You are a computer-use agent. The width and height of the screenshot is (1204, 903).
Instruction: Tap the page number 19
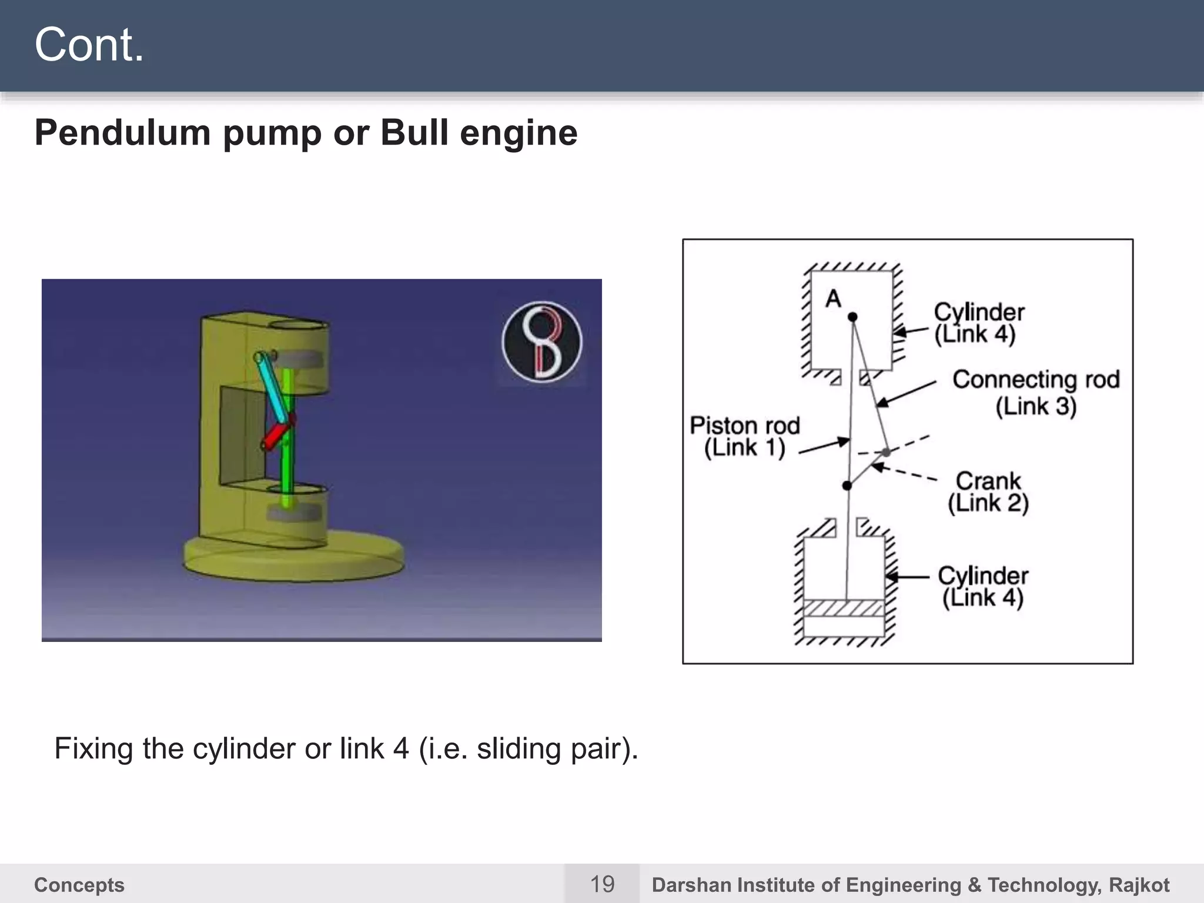602,884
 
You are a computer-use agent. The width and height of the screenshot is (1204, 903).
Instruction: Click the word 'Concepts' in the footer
79,885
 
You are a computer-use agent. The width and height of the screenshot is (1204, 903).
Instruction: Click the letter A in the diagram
833,299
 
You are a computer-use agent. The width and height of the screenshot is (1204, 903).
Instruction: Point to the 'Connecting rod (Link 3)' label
1036,393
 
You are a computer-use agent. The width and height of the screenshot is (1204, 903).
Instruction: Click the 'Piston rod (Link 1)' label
745,436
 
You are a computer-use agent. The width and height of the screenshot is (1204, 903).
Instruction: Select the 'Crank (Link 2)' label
988,491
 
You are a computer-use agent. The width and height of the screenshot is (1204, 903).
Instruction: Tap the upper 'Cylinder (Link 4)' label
978,323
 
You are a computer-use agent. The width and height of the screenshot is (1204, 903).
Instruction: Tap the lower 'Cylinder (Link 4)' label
982,586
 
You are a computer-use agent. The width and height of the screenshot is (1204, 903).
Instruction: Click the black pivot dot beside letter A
852,317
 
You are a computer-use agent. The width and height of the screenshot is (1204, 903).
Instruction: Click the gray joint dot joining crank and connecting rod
886,452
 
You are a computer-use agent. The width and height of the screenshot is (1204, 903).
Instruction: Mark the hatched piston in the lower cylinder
844,608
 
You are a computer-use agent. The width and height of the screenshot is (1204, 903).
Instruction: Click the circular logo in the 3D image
541,342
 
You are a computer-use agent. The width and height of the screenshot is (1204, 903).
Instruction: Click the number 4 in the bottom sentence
400,749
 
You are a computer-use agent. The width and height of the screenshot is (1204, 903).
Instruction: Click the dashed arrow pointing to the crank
905,473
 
